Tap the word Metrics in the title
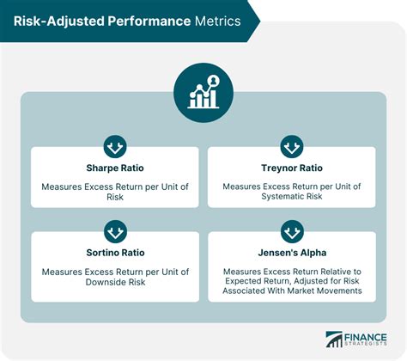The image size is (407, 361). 216,19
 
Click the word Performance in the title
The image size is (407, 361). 148,19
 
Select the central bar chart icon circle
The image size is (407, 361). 203,90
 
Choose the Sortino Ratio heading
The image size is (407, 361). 115,253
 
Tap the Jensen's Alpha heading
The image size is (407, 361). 292,253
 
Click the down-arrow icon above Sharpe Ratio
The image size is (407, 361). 115,145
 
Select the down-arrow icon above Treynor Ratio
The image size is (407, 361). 292,145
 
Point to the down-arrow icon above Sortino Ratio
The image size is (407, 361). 115,231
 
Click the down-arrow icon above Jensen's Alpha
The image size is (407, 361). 292,231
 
